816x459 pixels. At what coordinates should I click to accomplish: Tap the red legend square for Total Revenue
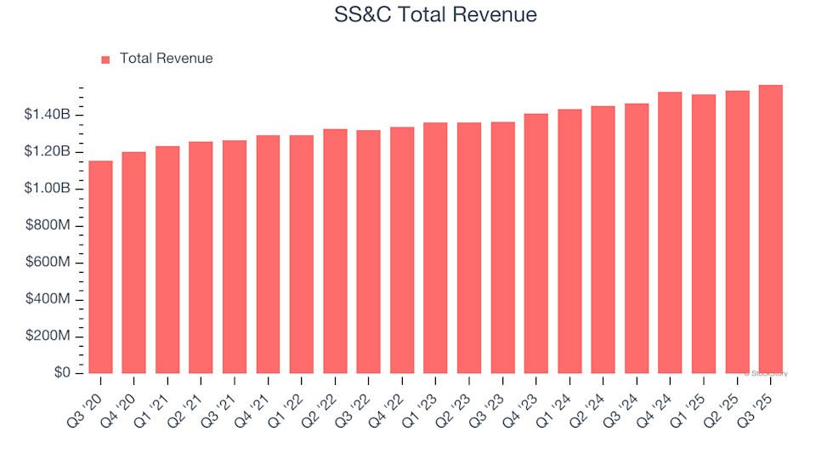click(105, 59)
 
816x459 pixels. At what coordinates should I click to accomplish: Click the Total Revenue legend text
click(166, 59)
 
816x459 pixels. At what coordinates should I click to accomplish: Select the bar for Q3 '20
click(100, 267)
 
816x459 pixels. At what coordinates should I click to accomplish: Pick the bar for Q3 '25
click(770, 229)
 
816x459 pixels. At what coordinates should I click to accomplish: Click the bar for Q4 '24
click(670, 233)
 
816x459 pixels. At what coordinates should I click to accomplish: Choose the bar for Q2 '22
click(335, 252)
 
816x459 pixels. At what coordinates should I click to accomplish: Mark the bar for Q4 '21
click(268, 254)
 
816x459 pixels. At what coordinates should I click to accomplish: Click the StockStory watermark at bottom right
click(766, 373)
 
